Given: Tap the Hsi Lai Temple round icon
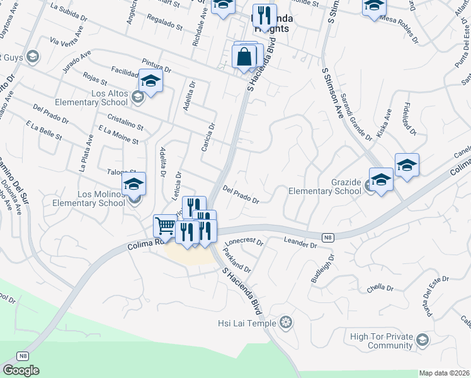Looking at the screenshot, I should pos(287,324).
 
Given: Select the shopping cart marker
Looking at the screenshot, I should pos(165,226).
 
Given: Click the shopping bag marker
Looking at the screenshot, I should pos(244,57).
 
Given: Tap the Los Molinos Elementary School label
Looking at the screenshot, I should pos(88,198).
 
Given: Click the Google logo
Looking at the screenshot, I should pos(21,370).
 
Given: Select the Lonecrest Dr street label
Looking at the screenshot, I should pos(244,241).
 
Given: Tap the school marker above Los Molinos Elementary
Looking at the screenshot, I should pos(133,184).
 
